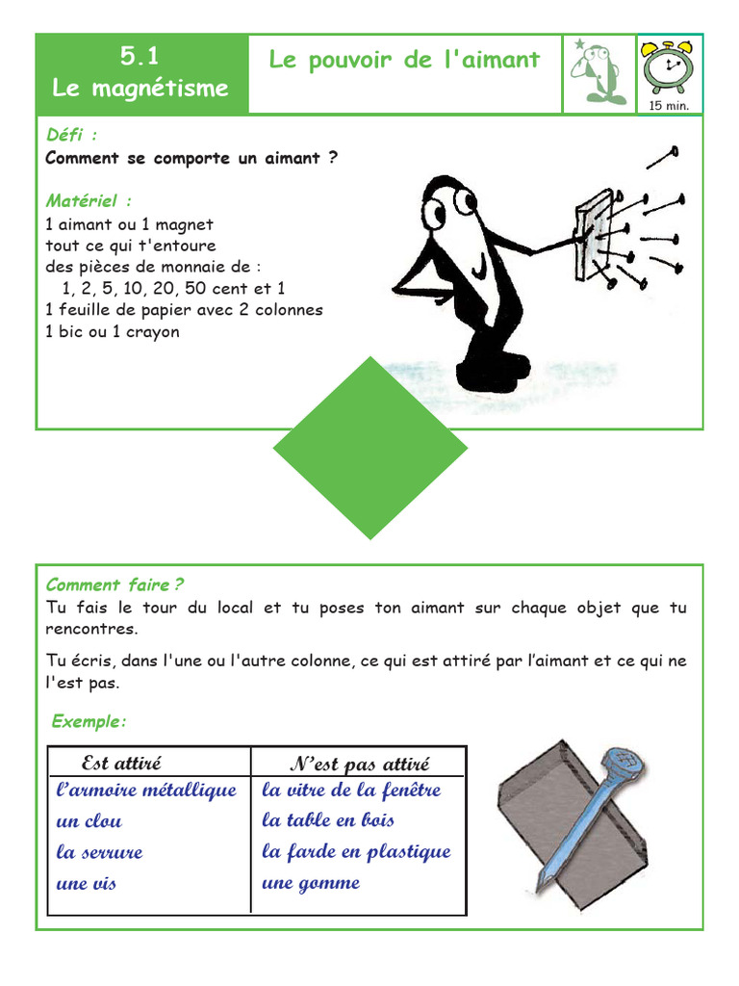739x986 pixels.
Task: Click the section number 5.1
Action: point(140,57)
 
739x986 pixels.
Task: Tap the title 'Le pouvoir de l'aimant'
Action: point(404,60)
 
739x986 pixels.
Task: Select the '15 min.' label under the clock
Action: point(670,105)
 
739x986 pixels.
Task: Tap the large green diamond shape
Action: point(370,449)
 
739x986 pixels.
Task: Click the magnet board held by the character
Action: point(593,235)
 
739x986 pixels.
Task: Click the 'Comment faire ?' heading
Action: point(115,584)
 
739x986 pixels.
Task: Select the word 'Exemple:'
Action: point(89,721)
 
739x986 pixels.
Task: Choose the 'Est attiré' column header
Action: point(121,764)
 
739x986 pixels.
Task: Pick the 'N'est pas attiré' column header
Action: point(359,765)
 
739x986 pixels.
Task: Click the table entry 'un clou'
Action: point(89,821)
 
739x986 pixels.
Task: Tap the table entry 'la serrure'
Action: point(99,852)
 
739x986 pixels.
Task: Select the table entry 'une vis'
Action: point(87,883)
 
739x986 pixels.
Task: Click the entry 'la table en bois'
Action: point(327,820)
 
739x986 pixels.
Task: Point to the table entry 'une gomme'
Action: point(310,883)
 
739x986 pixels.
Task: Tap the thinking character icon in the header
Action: point(598,73)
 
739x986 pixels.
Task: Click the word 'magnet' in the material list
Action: point(184,224)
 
